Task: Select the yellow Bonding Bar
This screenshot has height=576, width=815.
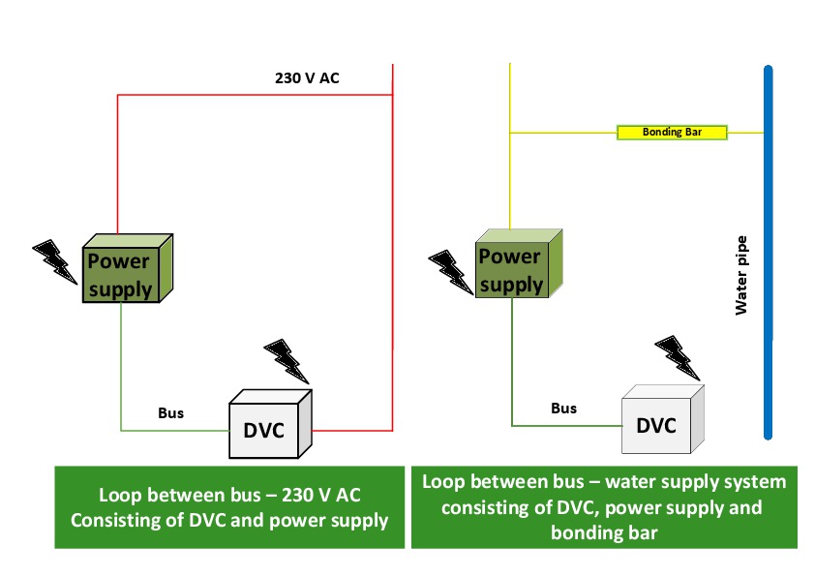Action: click(672, 132)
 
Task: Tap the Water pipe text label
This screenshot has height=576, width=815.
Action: click(742, 279)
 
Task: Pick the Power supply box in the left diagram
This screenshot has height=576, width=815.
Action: click(120, 273)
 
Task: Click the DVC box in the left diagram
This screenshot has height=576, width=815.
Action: click(265, 428)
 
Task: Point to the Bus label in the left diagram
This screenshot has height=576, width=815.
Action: click(171, 413)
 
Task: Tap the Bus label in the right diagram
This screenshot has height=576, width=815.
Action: click(563, 408)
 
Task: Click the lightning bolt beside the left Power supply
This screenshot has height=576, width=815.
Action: click(56, 260)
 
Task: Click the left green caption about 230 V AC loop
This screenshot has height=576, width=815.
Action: click(229, 507)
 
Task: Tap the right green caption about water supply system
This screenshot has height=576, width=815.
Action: click(605, 506)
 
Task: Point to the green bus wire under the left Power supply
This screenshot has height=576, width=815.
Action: click(121, 368)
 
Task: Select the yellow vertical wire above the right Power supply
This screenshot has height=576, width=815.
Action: click(510, 174)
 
